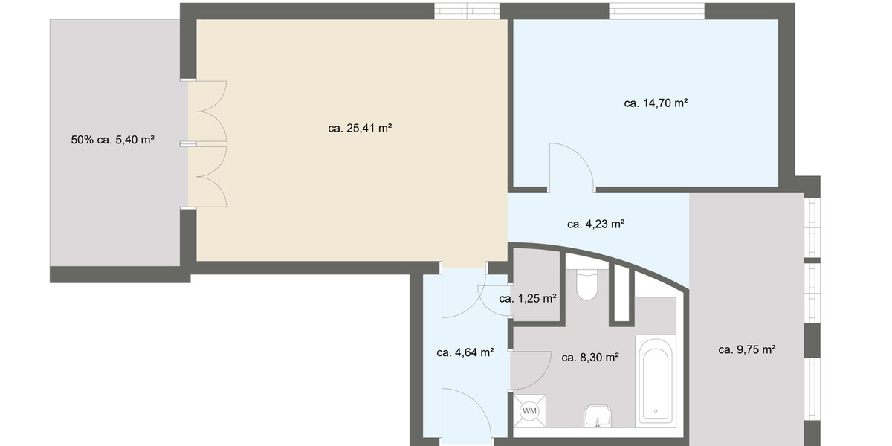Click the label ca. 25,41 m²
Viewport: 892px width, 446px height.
360,128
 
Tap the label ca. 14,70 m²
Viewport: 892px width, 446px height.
655,103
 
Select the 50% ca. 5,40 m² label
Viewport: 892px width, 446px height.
112,139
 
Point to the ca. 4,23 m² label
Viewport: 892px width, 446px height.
595,224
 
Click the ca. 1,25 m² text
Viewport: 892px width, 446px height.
528,299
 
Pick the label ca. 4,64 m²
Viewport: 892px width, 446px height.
465,352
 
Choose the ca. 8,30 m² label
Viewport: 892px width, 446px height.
590,358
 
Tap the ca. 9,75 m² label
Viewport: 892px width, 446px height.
747,349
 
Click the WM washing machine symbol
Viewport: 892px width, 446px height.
529,410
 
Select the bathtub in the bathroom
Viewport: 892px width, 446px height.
656,379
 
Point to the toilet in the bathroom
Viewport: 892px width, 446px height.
587,285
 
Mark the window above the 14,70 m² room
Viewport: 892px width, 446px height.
656,10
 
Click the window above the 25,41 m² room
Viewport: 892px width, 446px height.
467,10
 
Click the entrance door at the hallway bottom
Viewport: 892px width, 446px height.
465,416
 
